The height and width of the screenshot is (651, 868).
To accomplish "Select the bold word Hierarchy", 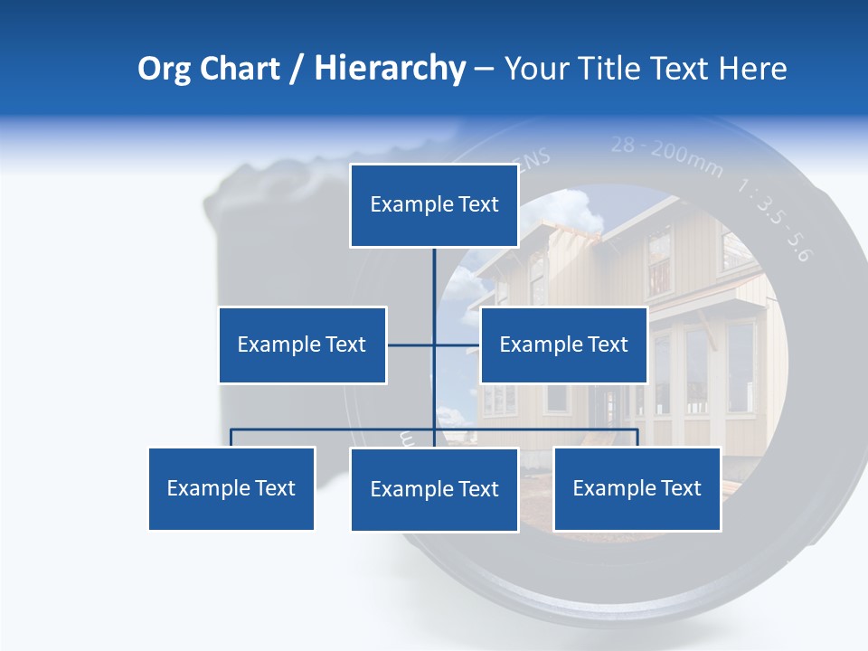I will (390, 69).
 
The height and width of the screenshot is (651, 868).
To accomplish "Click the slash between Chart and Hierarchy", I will (297, 70).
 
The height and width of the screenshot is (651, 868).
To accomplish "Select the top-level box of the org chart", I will (434, 205).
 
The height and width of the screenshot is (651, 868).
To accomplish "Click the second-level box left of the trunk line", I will (302, 344).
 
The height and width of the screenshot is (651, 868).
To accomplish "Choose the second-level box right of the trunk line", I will (563, 344).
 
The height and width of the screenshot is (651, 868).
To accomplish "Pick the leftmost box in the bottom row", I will (231, 488).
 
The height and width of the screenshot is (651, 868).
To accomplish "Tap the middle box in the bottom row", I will (434, 489).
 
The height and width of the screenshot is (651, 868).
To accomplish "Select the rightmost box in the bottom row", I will (637, 488).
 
